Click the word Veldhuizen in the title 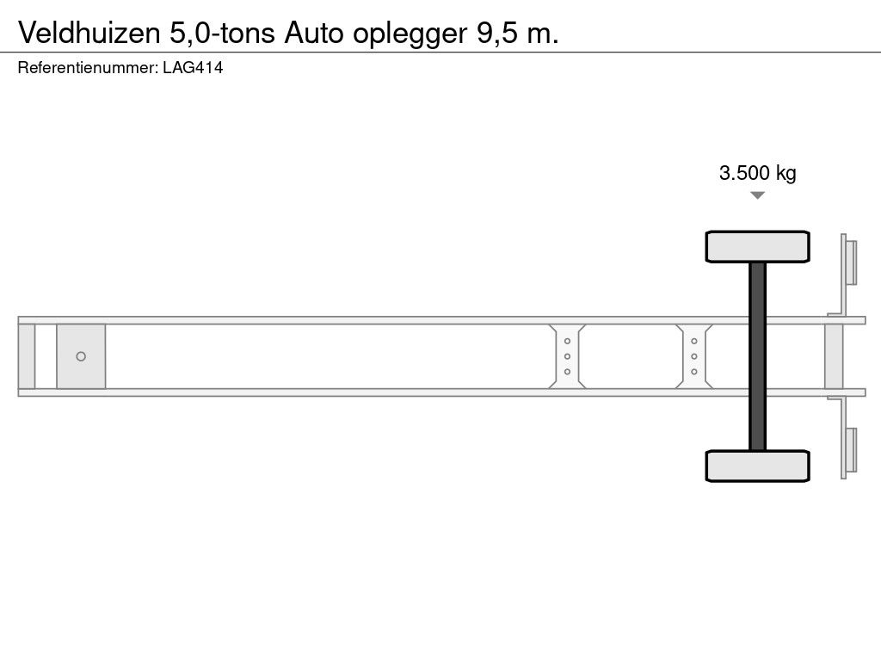[89, 33]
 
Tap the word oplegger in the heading [410, 34]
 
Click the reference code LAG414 [193, 67]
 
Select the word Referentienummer [88, 67]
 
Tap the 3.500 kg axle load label [757, 172]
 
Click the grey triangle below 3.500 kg [757, 195]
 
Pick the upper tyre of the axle [757, 246]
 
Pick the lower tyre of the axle [757, 466]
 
